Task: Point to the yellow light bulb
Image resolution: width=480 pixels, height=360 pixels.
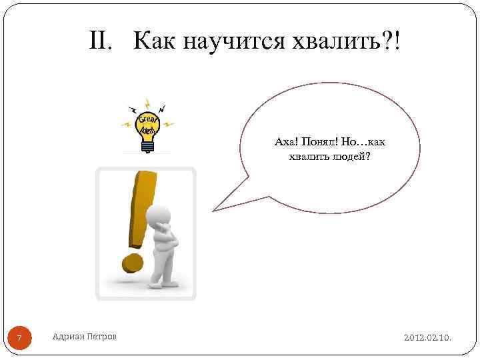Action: point(147,124)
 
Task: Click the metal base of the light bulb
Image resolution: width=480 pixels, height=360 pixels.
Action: point(148,146)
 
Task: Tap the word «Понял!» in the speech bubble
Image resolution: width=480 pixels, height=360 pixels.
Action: point(319,141)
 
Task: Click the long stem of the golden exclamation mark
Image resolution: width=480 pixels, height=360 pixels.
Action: point(143,207)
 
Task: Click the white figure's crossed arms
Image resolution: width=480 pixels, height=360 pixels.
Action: point(169,238)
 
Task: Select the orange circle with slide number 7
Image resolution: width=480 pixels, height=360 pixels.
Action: point(19,339)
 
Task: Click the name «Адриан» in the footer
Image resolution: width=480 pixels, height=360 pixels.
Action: point(68,337)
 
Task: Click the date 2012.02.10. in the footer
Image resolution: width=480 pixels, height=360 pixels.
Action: point(427,338)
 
